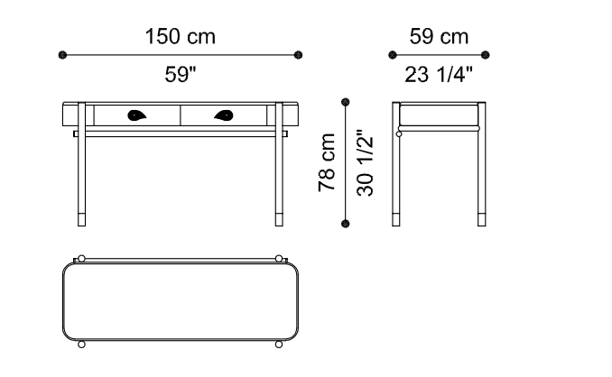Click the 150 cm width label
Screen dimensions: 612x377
(180, 37)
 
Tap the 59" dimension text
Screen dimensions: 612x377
(181, 74)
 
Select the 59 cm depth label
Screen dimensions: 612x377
(439, 37)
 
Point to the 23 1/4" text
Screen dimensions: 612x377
(439, 74)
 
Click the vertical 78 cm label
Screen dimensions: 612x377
(327, 162)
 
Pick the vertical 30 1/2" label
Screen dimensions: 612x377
(365, 162)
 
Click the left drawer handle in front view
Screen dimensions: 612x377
(136, 115)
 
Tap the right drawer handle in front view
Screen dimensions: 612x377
(224, 115)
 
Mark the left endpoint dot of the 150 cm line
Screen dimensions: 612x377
(62, 55)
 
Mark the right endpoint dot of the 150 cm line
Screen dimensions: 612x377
(298, 55)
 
